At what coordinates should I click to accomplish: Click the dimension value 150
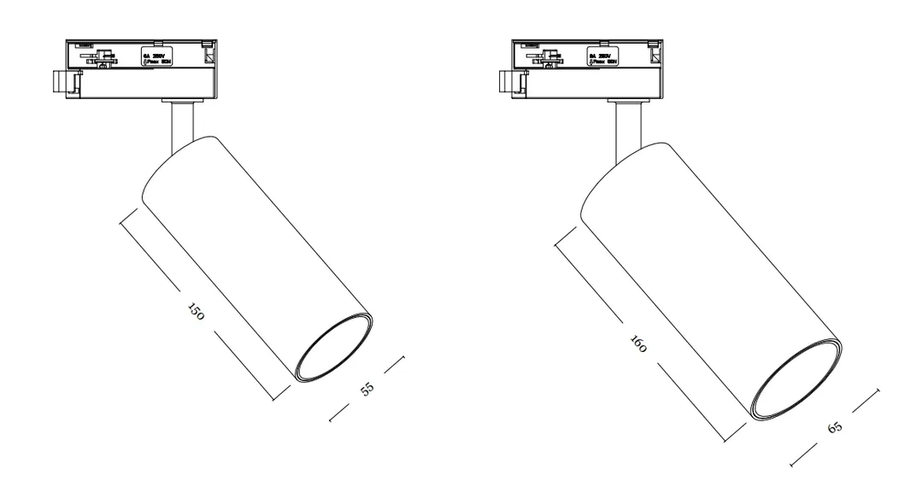196,312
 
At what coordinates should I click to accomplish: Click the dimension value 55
367,389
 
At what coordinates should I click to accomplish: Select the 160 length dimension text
638,343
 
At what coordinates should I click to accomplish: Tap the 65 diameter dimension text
836,426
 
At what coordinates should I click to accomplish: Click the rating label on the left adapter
156,57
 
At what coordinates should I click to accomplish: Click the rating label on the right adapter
603,57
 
